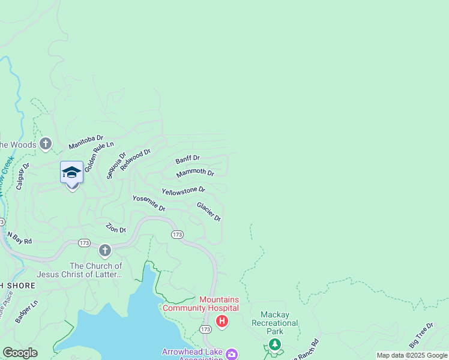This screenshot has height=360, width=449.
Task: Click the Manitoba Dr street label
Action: click(x=86, y=142)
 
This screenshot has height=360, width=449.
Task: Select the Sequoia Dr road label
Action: click(x=116, y=165)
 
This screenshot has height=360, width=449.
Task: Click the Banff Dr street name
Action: click(x=187, y=159)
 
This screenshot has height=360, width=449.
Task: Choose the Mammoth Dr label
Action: click(x=195, y=173)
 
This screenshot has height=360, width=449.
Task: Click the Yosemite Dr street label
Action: click(x=149, y=203)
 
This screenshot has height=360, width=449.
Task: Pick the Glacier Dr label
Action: click(x=209, y=211)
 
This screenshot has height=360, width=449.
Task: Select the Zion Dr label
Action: click(x=116, y=228)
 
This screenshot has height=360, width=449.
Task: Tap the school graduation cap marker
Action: click(x=71, y=172)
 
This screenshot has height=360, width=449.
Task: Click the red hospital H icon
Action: click(x=222, y=322)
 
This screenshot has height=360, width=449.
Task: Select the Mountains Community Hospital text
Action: click(x=218, y=304)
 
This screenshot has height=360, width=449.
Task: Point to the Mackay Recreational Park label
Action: click(x=279, y=323)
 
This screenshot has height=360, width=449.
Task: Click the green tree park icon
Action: click(x=274, y=344)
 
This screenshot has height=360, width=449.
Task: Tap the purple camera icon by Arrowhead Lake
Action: click(x=231, y=353)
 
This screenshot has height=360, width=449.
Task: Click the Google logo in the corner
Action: click(x=20, y=353)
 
